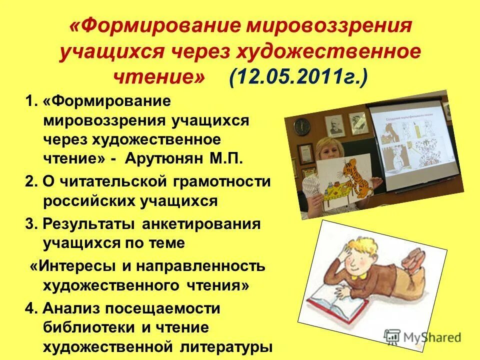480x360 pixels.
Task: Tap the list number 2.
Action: [x=28, y=181]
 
